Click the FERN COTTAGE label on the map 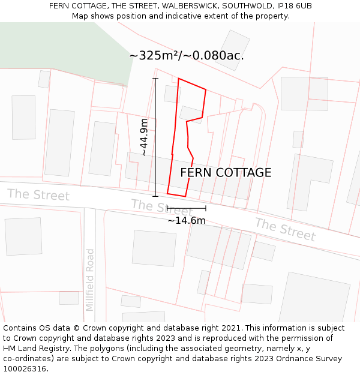226,173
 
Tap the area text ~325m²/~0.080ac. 186,56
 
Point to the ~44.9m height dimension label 144,137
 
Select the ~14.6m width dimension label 186,221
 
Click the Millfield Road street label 90,280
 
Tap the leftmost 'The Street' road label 38,194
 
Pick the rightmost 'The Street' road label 285,229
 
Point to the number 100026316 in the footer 25,369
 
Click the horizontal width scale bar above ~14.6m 186,208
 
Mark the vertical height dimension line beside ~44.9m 155,137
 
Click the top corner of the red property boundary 179,79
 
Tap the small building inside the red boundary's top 172,94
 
